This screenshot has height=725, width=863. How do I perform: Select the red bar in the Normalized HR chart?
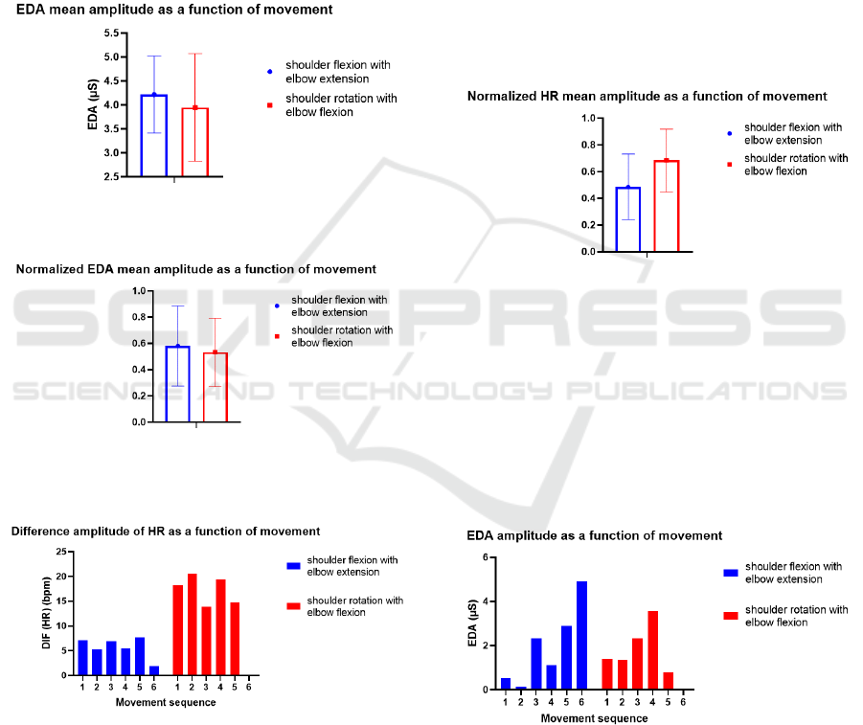[x=666, y=206]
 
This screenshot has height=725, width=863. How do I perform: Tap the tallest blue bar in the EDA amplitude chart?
[x=581, y=635]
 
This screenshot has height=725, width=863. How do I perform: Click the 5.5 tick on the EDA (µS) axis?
[x=111, y=33]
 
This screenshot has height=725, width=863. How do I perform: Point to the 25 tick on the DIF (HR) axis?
[x=62, y=553]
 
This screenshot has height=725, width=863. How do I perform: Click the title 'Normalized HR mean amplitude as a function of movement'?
[x=647, y=97]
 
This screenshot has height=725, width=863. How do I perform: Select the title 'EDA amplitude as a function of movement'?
[x=594, y=535]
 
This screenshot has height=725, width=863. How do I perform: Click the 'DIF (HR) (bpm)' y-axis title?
[x=44, y=613]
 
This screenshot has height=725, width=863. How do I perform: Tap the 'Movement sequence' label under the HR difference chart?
[x=166, y=702]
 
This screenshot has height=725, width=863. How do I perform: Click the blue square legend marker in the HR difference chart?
[x=292, y=566]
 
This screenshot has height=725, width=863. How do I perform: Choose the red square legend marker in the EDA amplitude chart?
[x=731, y=616]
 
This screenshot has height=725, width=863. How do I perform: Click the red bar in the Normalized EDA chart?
[x=215, y=387]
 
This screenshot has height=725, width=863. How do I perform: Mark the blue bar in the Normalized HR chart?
[x=628, y=218]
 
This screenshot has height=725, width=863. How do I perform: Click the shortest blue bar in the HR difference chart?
[x=155, y=670]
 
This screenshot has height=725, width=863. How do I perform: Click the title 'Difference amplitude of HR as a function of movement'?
[x=166, y=531]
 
